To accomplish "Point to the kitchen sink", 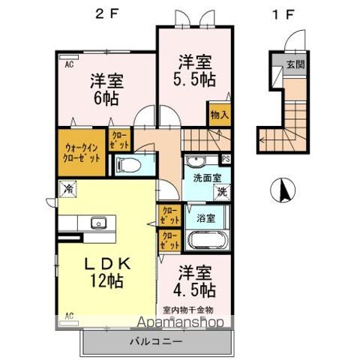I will coord(97,222).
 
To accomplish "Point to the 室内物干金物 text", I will coord(187,309).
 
